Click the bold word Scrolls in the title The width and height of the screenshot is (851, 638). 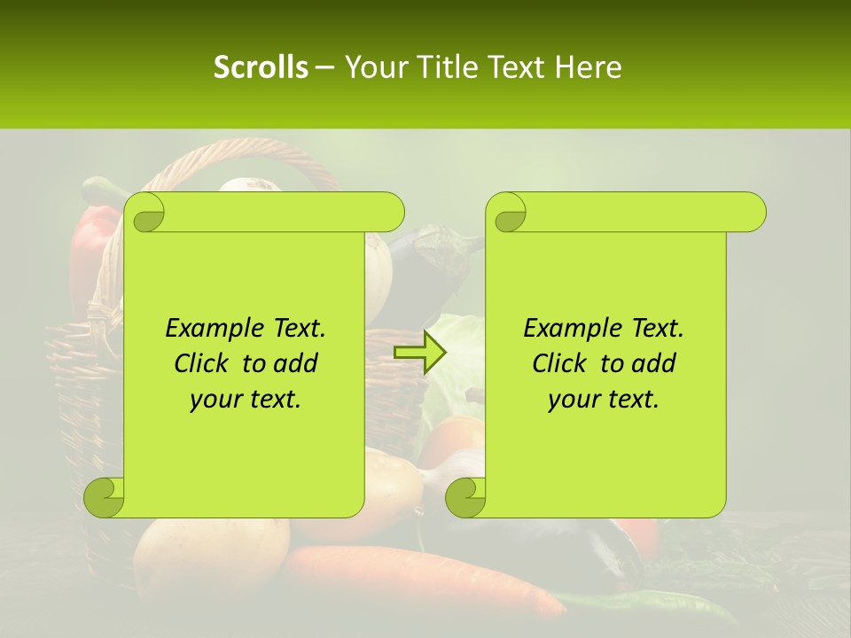click(261, 66)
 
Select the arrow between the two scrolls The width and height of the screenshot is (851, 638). click(420, 353)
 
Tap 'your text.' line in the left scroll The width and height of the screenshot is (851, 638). click(245, 399)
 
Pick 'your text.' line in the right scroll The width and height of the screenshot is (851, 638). click(603, 399)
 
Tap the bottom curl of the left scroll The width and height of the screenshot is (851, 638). click(105, 497)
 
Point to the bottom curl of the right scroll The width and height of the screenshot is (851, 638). click(465, 497)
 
